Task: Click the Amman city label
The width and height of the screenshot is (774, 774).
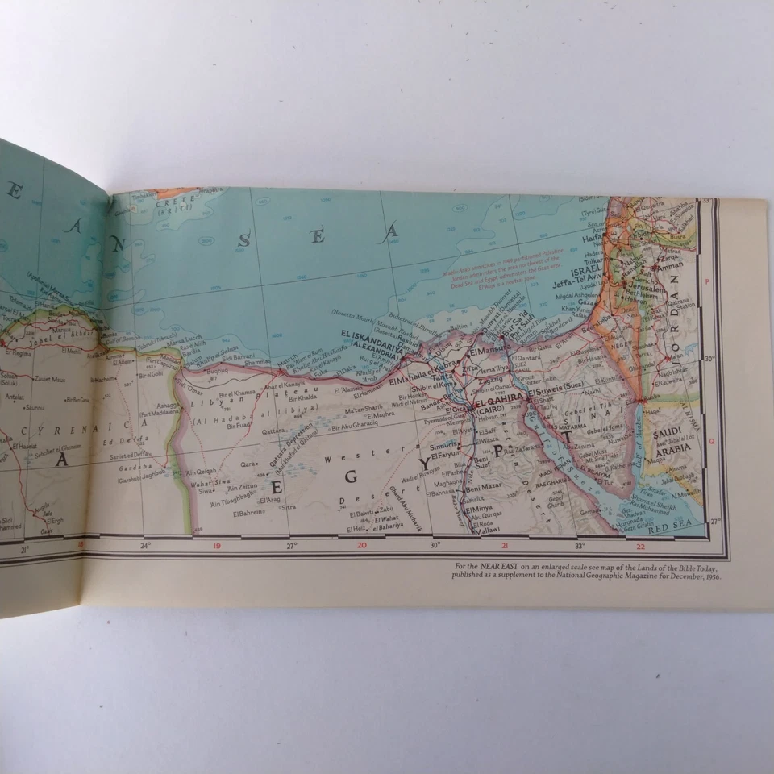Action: click(x=671, y=266)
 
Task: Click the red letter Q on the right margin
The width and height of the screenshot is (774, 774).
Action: click(x=710, y=440)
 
